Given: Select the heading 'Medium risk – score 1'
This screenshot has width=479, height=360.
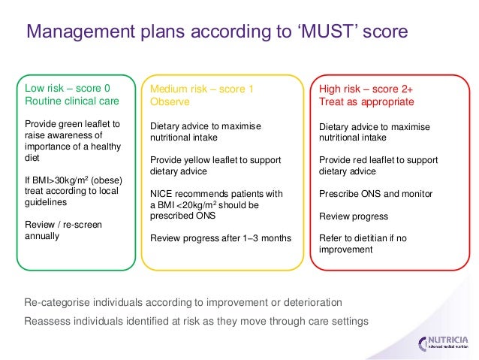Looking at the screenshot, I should coord(202,89).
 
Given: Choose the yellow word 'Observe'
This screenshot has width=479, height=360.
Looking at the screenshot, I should coord(170,101).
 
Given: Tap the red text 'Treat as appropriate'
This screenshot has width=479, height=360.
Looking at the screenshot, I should coord(366,101).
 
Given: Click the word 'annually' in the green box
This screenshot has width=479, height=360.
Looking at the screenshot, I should coord(42,236).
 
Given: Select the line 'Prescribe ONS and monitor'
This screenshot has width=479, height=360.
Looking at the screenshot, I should coord(375,194).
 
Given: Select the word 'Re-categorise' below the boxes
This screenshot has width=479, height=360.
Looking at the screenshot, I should coord(57,302).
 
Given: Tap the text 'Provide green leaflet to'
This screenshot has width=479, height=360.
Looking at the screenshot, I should coord(72,123).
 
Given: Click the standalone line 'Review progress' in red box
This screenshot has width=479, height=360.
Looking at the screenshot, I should coord(354,216).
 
